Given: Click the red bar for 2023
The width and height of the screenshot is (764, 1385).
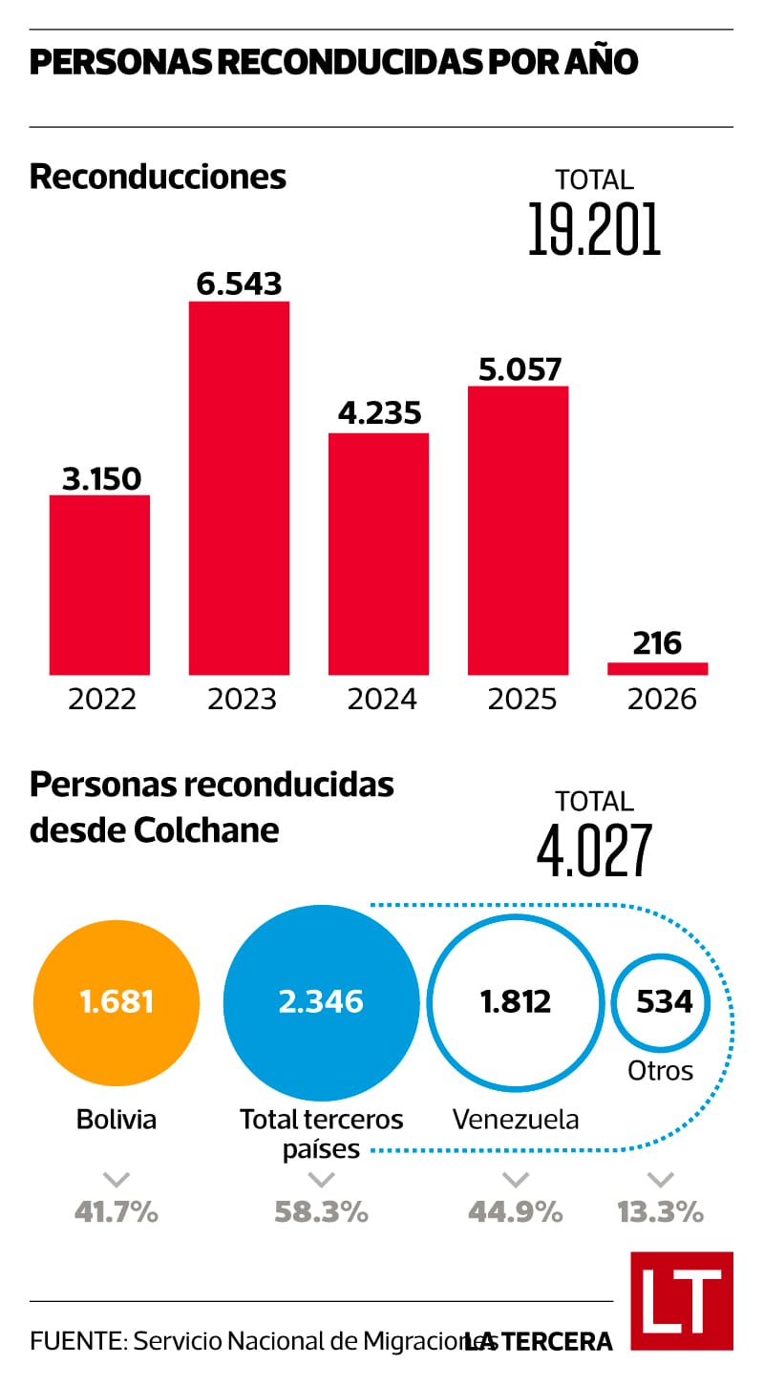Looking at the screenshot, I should pos(239,488).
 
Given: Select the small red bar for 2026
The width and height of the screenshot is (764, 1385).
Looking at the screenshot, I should pos(658,668).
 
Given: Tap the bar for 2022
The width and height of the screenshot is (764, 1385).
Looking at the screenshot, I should pos(99,584).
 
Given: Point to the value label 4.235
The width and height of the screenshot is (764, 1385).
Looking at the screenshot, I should pos(379,413).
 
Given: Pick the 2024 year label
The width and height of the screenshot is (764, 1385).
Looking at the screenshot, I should pos(381,700).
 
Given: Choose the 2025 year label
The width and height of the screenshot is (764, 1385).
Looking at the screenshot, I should pos(521,700).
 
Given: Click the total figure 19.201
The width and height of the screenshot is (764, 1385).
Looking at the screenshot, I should pos(594,229).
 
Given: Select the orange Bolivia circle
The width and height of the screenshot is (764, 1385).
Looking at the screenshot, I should pos(117,1001).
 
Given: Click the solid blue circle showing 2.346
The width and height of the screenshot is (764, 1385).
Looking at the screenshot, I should pos(321,1001).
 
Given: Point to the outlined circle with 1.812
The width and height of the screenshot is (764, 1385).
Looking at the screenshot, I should pos(516,1001).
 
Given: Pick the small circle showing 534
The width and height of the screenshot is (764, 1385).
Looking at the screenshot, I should pos(660,1001).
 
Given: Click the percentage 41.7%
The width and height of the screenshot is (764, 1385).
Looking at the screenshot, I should pos(117,1212).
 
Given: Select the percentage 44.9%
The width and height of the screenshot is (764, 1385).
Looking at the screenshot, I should pos(515,1212).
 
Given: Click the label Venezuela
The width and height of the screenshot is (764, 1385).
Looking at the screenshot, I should pos(516,1119).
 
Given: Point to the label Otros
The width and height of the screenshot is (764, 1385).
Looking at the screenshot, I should pos(660,1070).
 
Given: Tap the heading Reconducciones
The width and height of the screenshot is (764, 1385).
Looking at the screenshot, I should pos(158,178).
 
